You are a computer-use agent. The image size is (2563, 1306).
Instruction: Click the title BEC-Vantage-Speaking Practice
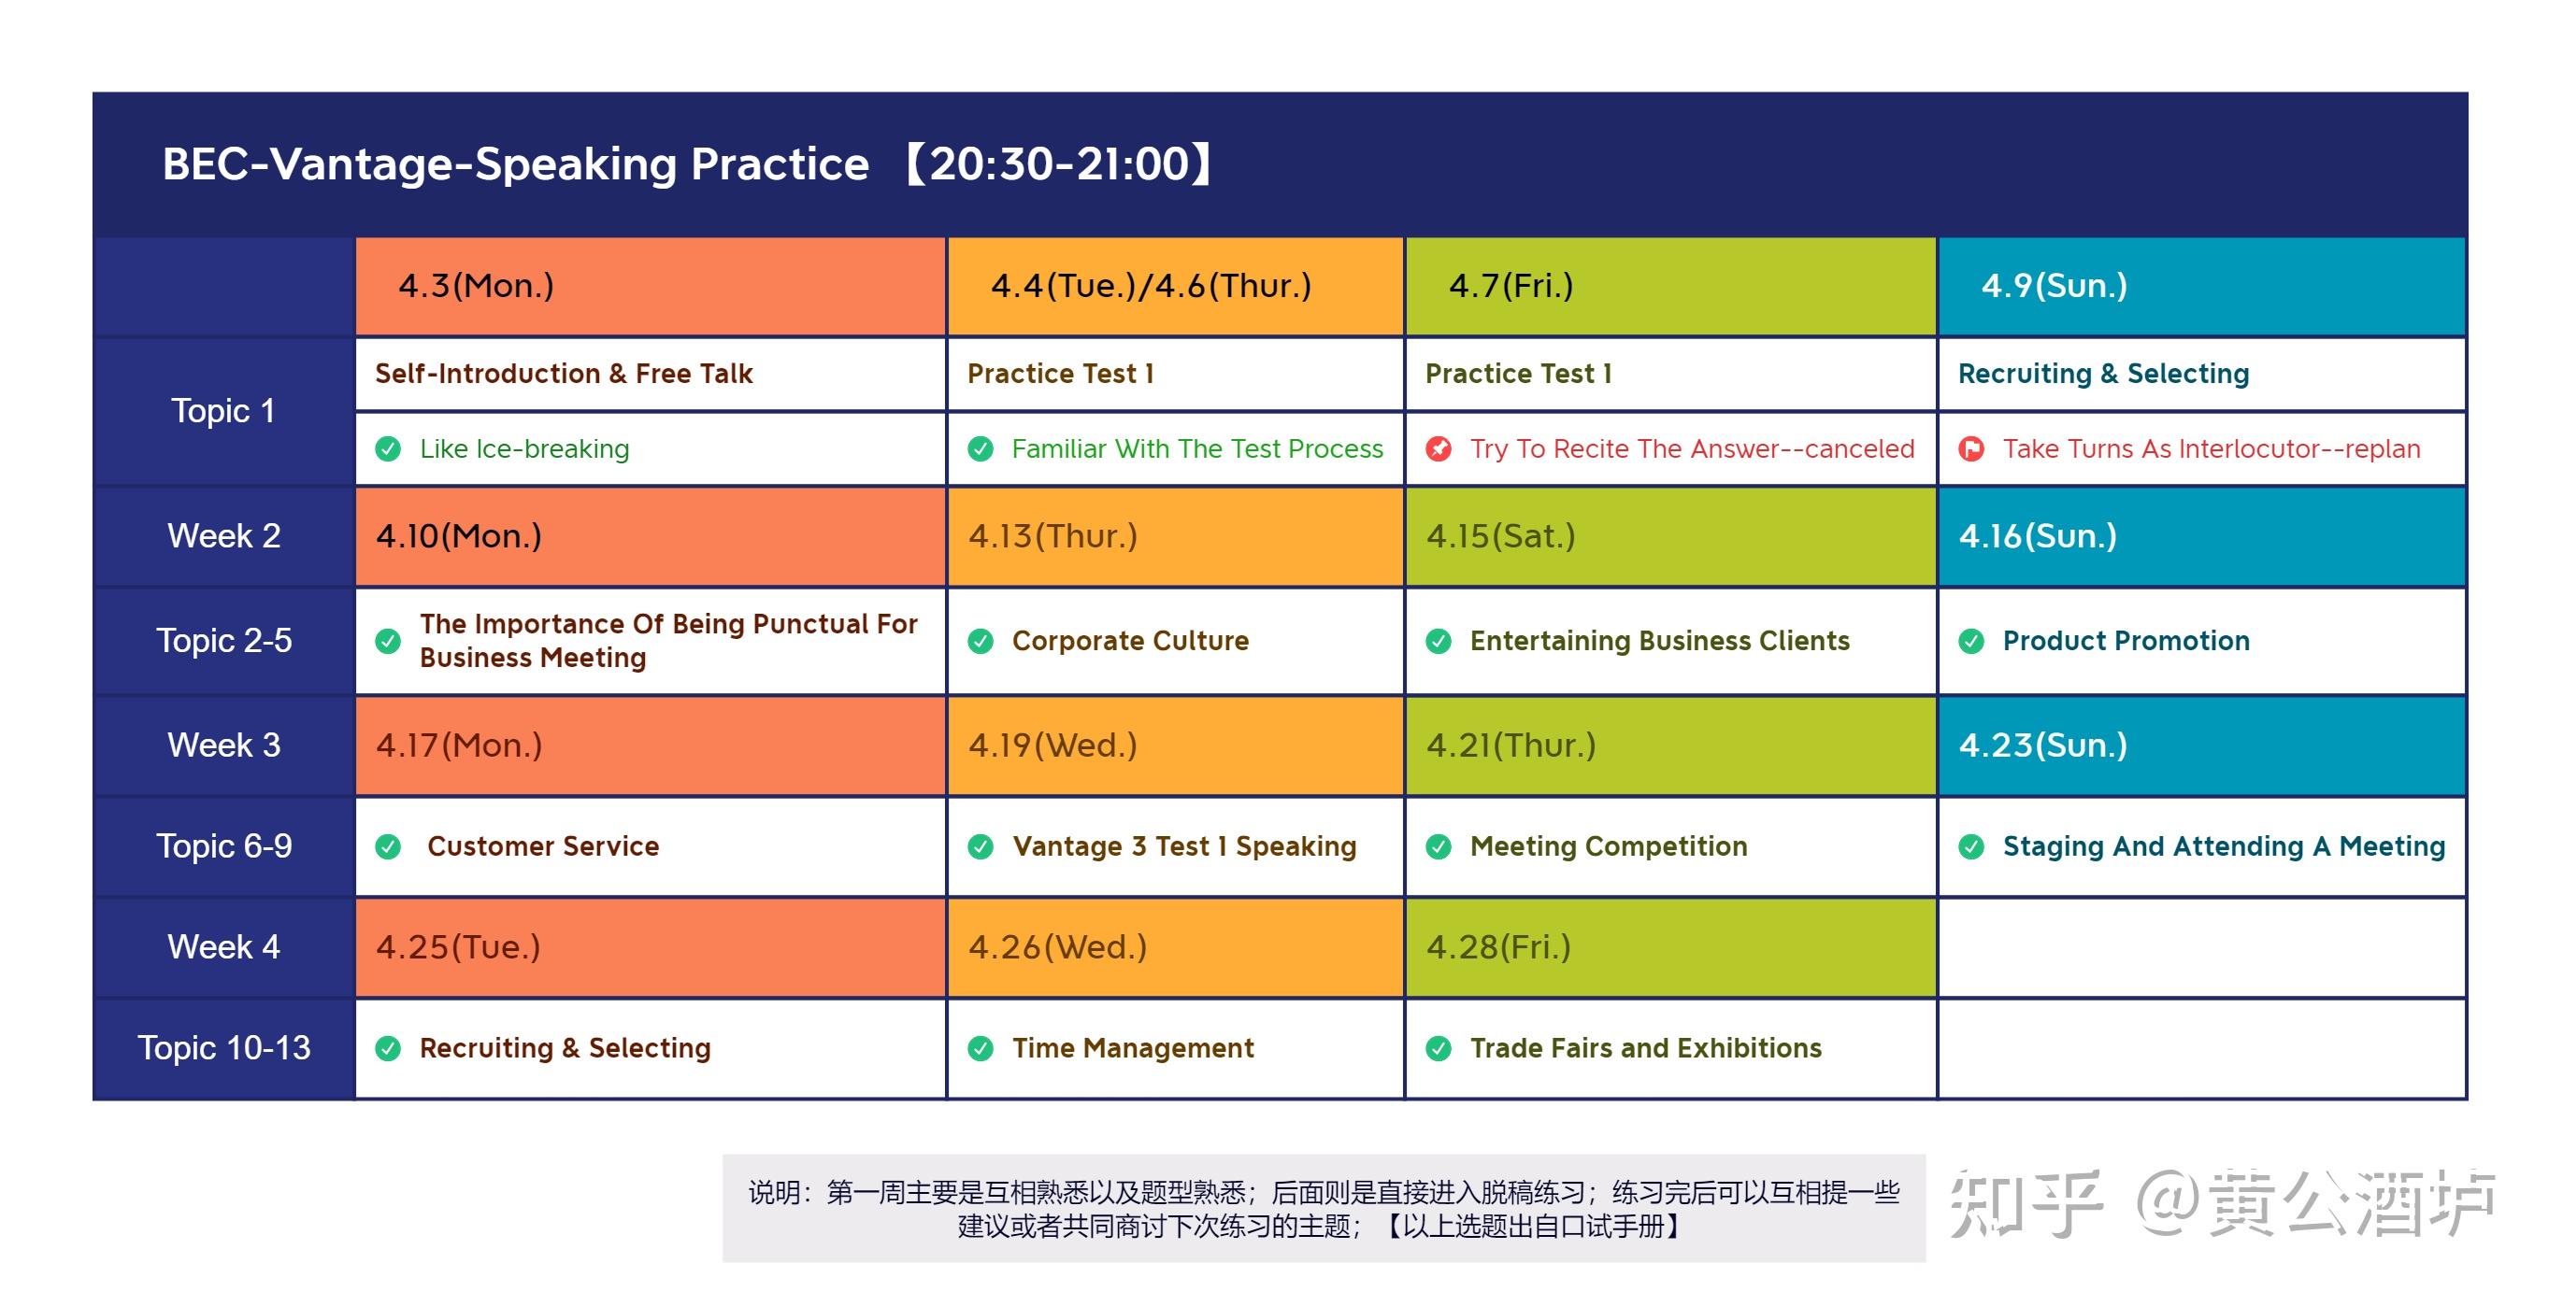click(x=515, y=164)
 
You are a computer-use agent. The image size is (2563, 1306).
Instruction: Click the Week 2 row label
click(x=223, y=536)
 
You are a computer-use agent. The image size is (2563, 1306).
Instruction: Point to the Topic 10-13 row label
click(x=223, y=1048)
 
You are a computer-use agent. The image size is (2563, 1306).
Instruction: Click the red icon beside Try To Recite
click(x=1439, y=448)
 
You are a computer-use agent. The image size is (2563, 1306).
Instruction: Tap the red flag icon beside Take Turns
click(x=1971, y=448)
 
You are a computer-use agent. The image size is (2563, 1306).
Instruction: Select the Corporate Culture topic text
click(x=1130, y=641)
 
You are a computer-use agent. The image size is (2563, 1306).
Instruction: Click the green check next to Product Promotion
click(x=1971, y=642)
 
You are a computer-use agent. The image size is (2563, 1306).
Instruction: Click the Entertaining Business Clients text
click(x=1659, y=641)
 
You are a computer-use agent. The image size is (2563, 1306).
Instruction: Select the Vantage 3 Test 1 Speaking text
click(x=1184, y=846)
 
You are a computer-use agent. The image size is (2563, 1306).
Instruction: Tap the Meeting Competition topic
click(x=1609, y=846)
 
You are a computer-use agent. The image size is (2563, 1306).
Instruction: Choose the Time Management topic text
click(x=1132, y=1048)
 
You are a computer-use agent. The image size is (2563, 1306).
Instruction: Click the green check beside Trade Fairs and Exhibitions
click(x=1439, y=1048)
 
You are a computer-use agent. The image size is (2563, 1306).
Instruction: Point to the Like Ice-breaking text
click(x=524, y=449)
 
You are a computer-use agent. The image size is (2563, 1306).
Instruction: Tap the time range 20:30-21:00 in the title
click(x=1060, y=164)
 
